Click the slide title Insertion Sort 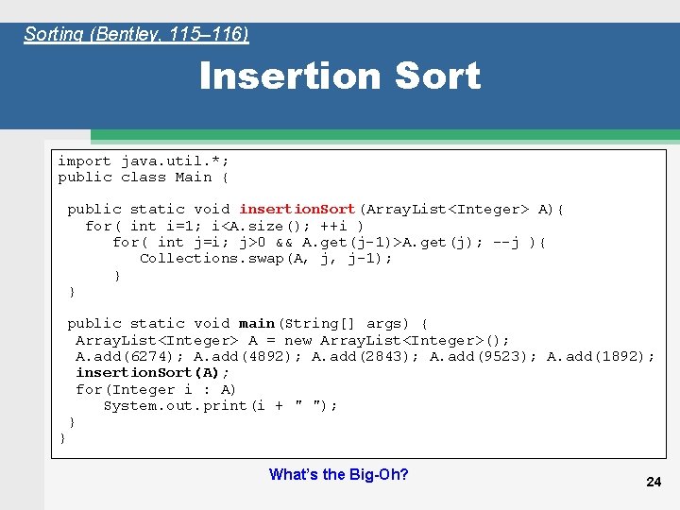click(340, 76)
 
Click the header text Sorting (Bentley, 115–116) click(136, 35)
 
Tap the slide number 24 click(653, 482)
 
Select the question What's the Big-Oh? click(338, 474)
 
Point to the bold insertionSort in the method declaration click(297, 209)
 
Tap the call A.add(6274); click(129, 356)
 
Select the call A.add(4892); click(247, 356)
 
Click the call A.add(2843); click(365, 356)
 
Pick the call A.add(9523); click(484, 356)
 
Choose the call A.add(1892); click(601, 356)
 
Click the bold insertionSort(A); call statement click(153, 372)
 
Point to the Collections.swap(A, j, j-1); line click(265, 258)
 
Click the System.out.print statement click(220, 405)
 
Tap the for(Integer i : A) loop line click(156, 389)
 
